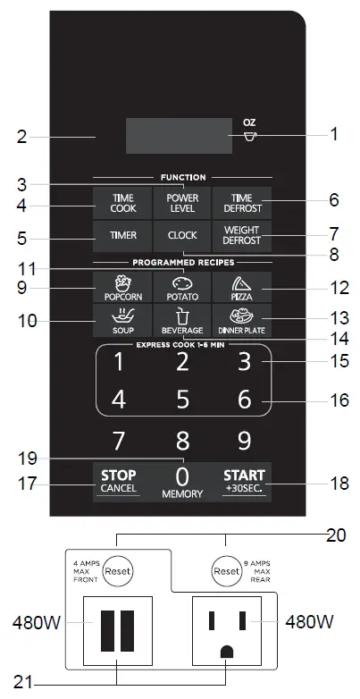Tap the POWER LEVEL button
[182, 202]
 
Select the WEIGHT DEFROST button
[241, 236]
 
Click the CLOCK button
[182, 236]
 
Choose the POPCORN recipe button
[122, 286]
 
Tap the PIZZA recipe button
[241, 286]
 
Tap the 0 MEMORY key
[182, 480]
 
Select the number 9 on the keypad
[243, 440]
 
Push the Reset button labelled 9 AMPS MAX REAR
[227, 570]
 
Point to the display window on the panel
[178, 135]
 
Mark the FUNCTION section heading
[182, 177]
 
